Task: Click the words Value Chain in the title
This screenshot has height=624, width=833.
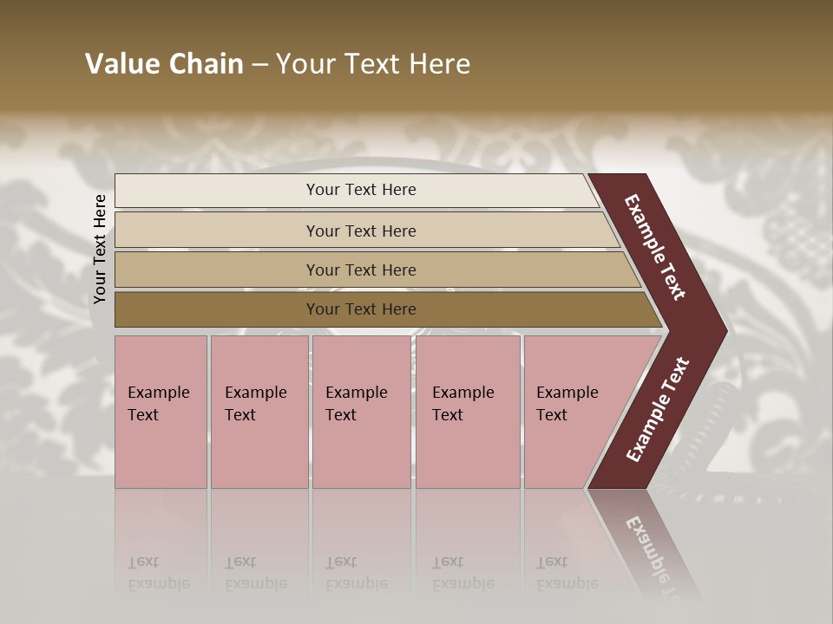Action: [164, 64]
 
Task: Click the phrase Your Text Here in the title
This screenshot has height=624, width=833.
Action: [373, 64]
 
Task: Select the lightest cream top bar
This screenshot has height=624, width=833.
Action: [217, 191]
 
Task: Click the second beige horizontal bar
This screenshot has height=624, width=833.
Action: [217, 231]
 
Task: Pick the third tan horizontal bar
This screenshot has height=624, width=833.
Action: [217, 270]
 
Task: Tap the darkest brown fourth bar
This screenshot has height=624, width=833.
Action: [217, 309]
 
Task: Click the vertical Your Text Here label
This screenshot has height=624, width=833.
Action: [100, 249]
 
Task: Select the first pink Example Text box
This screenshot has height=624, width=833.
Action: [161, 412]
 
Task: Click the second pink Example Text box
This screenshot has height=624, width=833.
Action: [259, 412]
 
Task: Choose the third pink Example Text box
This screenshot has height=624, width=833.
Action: [361, 412]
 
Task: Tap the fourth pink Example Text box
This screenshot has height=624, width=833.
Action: [468, 412]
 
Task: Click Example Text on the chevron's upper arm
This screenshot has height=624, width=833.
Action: [655, 247]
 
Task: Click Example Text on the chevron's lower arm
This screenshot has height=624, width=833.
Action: [658, 409]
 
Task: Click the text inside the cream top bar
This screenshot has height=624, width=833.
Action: [361, 190]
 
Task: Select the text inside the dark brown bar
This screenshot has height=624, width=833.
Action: [361, 309]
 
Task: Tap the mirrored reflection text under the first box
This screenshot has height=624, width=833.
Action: [158, 574]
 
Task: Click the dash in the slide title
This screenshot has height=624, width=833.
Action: [259, 65]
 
